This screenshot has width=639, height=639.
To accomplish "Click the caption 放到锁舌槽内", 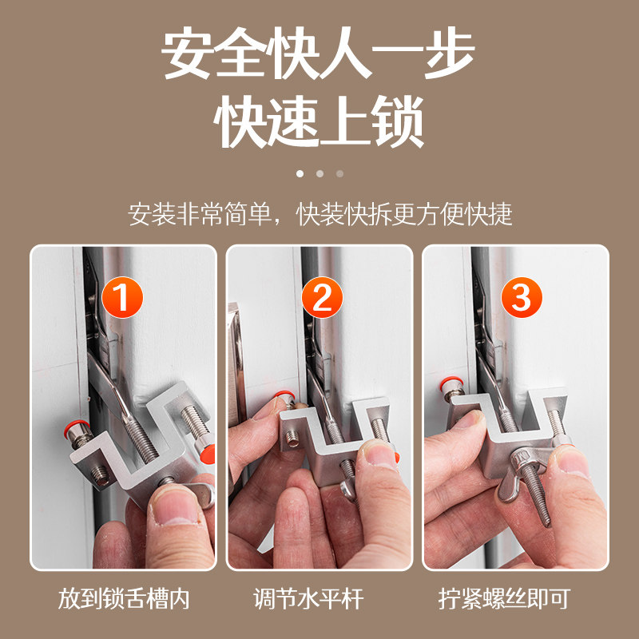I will (124, 599).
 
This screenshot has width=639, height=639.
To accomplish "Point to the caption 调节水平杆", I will (319, 599).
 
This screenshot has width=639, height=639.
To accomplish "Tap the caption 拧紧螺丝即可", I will (515, 599).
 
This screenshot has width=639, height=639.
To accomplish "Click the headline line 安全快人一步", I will (319, 54).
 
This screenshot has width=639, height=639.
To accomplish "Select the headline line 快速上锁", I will (319, 124).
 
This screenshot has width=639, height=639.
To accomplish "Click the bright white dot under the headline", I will (300, 173).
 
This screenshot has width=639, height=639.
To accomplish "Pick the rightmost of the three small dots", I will (339, 173).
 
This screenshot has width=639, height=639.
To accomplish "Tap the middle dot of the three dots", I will (319, 173).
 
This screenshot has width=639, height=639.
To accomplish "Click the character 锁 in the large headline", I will (397, 124).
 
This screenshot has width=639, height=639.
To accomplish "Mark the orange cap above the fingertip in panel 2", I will (281, 395).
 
